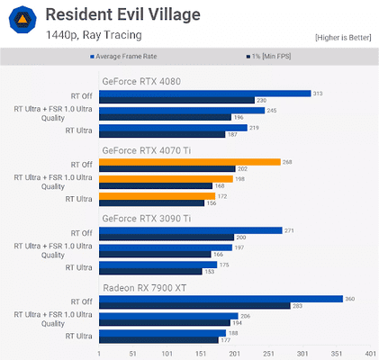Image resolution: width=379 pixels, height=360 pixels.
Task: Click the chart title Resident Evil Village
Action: tap(122, 14)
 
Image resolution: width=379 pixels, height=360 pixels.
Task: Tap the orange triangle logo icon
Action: tap(22, 22)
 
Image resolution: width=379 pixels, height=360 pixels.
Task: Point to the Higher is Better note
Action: tap(343, 37)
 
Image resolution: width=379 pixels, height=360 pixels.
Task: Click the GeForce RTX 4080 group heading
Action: tap(141, 80)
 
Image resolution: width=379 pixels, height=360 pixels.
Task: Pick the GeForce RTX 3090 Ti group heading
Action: tap(147, 218)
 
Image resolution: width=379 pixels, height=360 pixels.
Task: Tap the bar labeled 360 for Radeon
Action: tap(221, 299)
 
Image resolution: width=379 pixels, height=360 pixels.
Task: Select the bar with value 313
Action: tap(205, 93)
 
